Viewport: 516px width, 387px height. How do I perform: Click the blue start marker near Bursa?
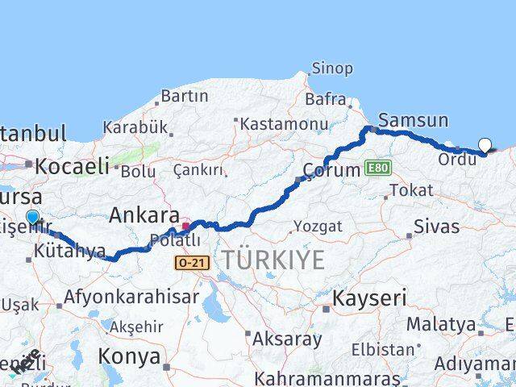pyautogui.click(x=32, y=217)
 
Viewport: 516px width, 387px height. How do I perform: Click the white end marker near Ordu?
pyautogui.click(x=485, y=145)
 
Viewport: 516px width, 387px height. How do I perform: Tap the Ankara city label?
pyautogui.click(x=144, y=215)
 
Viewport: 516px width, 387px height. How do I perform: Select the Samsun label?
pyautogui.click(x=413, y=121)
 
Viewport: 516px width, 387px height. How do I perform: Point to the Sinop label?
pyautogui.click(x=332, y=69)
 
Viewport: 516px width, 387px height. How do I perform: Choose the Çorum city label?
pyautogui.click(x=330, y=170)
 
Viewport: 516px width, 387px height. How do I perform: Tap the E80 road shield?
pyautogui.click(x=377, y=167)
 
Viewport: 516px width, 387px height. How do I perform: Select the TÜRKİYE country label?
pyautogui.click(x=274, y=260)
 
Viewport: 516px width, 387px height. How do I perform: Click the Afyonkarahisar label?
pyautogui.click(x=131, y=297)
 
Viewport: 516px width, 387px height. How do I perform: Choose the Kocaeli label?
pyautogui.click(x=71, y=167)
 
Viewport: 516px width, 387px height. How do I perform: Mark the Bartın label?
pyautogui.click(x=184, y=96)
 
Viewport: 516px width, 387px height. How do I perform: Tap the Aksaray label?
pyautogui.click(x=287, y=339)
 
